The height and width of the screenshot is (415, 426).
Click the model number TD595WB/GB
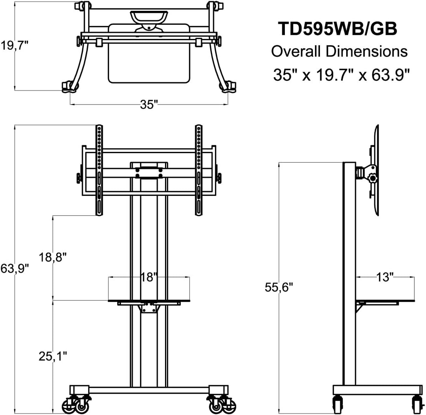coord(337,29)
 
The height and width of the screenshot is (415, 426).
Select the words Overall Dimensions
coord(339,51)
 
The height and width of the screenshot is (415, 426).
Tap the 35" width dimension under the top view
coord(149,105)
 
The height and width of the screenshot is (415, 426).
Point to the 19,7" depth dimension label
coord(15,46)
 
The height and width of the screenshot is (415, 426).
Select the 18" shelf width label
coord(149,277)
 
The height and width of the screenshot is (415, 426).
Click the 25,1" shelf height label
coord(53,356)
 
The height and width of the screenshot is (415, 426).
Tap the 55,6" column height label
coord(279,287)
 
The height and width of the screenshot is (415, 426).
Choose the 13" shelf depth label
coord(385,277)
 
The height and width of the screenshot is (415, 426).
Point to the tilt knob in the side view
coord(372,178)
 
